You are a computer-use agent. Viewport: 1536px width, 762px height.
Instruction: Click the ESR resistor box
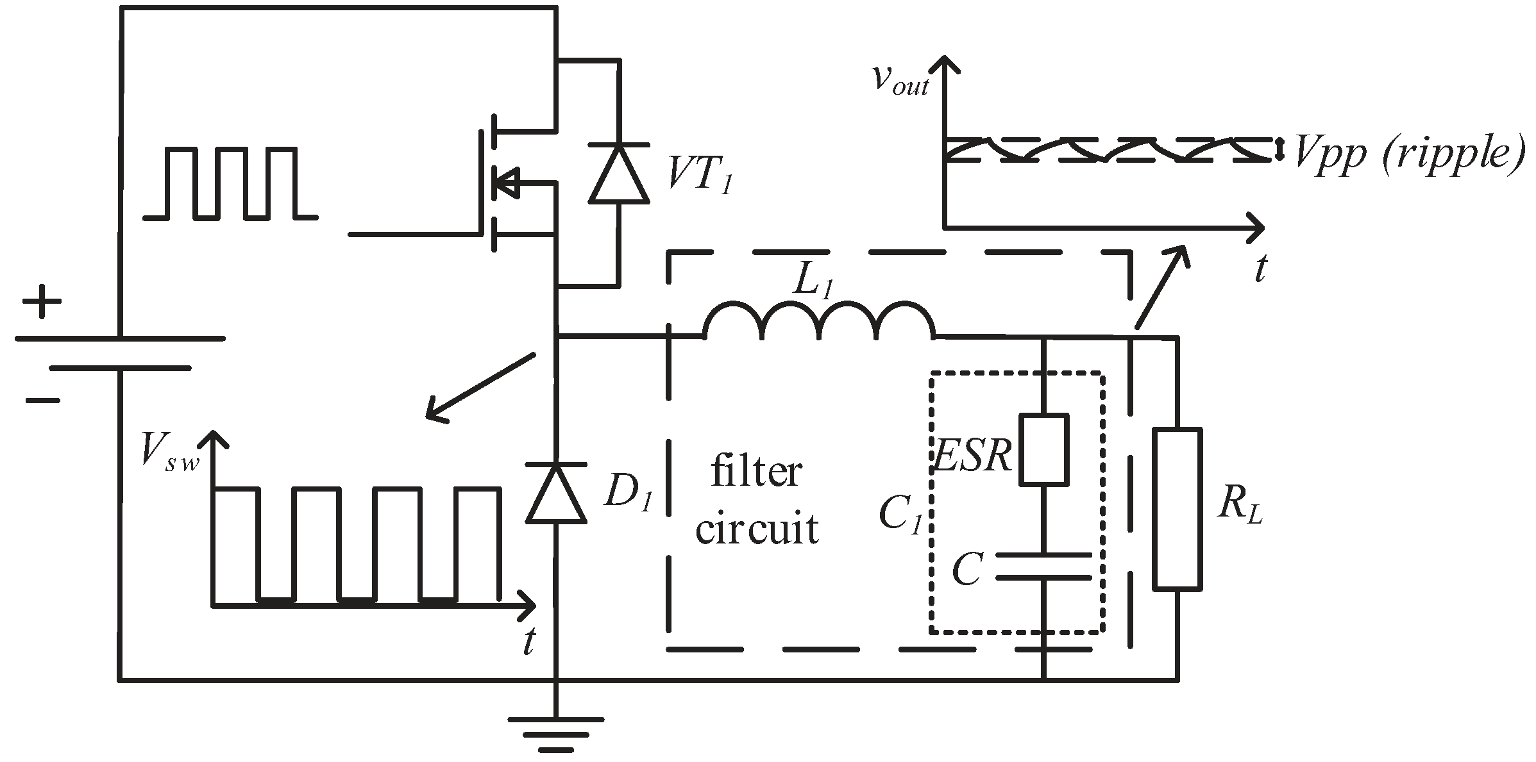pos(1044,449)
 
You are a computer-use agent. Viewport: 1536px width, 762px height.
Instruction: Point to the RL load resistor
pos(1177,509)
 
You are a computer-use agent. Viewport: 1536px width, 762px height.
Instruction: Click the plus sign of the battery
pos(41,301)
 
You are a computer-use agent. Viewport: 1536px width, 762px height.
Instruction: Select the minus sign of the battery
pos(42,401)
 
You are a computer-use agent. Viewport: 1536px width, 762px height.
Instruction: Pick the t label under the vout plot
pos(1260,268)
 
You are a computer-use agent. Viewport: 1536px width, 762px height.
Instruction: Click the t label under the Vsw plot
pos(529,641)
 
